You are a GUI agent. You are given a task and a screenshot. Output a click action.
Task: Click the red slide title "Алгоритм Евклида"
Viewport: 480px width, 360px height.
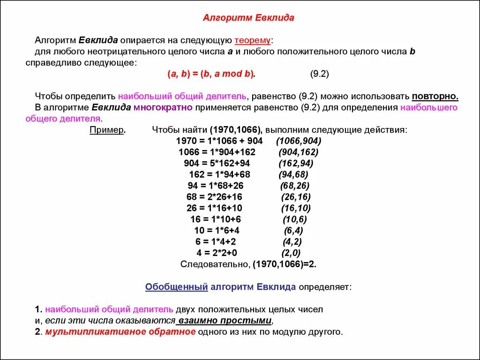[x=248, y=18]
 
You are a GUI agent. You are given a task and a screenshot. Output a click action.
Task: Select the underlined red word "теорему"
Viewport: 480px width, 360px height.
[x=252, y=40]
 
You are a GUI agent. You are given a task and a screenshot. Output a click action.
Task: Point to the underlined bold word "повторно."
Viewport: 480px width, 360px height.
[x=435, y=97]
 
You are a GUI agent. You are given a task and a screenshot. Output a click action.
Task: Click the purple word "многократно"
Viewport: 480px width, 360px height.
[x=163, y=107]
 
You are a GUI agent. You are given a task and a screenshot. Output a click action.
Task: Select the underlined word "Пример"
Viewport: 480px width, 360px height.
[x=107, y=130]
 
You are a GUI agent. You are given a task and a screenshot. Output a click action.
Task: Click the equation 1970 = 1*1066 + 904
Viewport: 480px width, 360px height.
[x=219, y=141]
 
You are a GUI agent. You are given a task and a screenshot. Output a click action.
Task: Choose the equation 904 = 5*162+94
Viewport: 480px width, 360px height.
[x=217, y=163]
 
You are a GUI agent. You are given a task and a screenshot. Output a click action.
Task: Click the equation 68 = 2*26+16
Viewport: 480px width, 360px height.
[x=214, y=197]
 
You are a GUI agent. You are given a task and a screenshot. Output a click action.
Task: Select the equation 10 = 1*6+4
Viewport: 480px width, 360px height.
[x=217, y=230]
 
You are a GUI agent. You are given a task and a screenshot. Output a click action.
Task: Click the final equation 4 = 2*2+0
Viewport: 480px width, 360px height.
[x=217, y=253]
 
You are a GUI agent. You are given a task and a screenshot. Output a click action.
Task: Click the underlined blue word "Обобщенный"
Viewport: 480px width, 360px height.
[x=176, y=287]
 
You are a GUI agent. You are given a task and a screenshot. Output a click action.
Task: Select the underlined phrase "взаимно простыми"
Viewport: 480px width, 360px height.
[x=224, y=321]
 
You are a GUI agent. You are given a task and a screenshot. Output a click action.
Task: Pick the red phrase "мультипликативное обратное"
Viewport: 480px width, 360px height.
[x=120, y=332]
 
